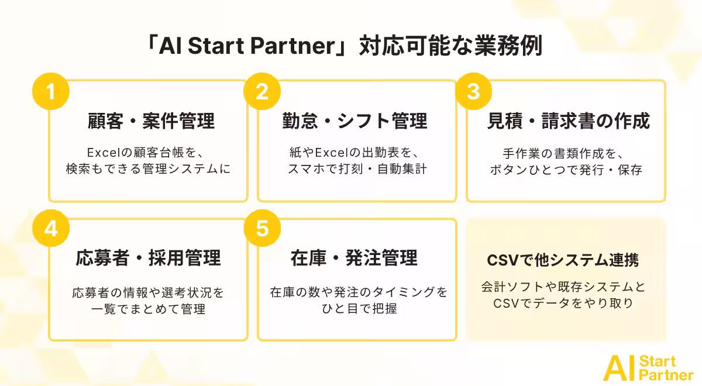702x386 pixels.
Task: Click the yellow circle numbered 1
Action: [x=51, y=91]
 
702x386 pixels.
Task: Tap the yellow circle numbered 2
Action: [x=262, y=91]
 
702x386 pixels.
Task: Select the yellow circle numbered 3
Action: [x=473, y=91]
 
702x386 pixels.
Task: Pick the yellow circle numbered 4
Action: [x=51, y=228]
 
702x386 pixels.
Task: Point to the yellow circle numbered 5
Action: [x=262, y=228]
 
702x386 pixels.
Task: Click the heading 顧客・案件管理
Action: [x=151, y=121]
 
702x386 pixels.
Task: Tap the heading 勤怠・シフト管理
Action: [x=355, y=121]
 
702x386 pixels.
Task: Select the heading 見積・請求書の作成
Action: [x=569, y=121]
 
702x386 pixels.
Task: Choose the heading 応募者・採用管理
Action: [x=148, y=258]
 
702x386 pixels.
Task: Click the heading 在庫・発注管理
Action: [x=354, y=258]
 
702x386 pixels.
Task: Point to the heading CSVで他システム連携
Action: [x=563, y=260]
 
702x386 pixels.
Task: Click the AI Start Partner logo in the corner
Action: [x=648, y=368]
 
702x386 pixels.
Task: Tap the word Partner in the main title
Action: [x=293, y=46]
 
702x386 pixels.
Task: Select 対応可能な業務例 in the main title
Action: [x=450, y=46]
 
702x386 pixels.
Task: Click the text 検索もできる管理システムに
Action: [x=148, y=169]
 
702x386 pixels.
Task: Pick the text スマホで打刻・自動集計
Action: [x=357, y=169]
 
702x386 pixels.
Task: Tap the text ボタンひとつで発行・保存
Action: [x=566, y=170]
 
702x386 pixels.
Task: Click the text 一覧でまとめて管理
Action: [x=148, y=309]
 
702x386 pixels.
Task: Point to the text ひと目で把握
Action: [x=359, y=309]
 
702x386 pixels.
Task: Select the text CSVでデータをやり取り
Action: [x=563, y=304]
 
